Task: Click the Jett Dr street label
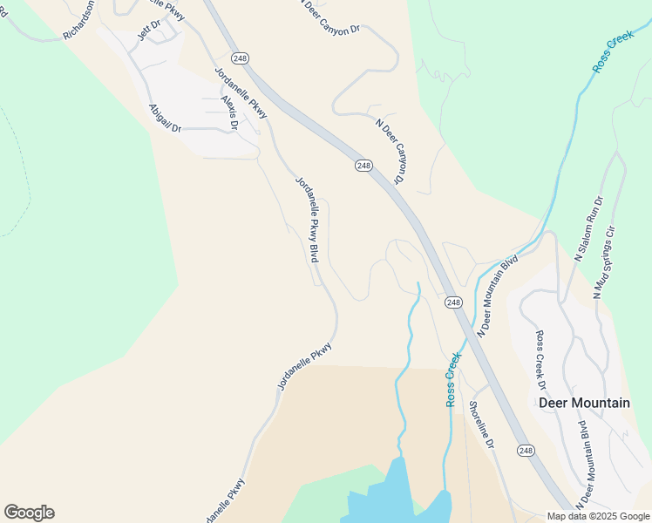click(150, 28)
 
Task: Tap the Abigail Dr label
click(164, 118)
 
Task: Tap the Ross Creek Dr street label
click(540, 359)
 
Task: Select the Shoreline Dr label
click(481, 425)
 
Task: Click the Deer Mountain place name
click(584, 403)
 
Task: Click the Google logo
click(29, 513)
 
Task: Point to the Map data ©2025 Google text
click(598, 516)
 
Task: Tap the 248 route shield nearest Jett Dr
click(241, 58)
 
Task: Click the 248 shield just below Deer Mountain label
click(525, 450)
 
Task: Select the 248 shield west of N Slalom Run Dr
click(452, 302)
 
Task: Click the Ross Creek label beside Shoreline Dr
click(452, 379)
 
